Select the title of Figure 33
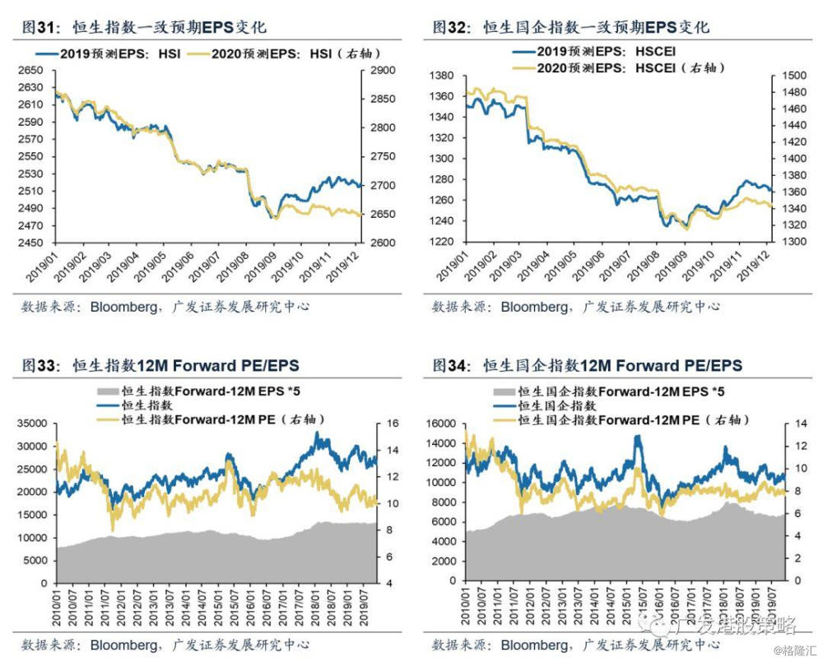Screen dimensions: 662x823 (x=160, y=365)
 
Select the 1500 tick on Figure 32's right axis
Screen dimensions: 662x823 (x=787, y=76)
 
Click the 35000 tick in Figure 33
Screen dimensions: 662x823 (x=31, y=424)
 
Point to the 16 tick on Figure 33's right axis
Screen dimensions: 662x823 (x=383, y=424)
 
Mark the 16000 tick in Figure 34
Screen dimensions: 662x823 (x=443, y=424)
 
